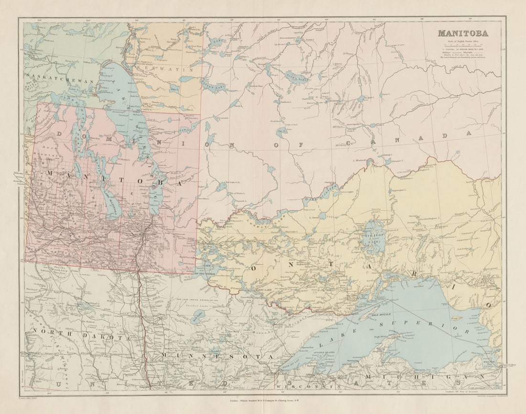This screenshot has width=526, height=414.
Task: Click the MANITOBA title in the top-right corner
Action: (x=462, y=34)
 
